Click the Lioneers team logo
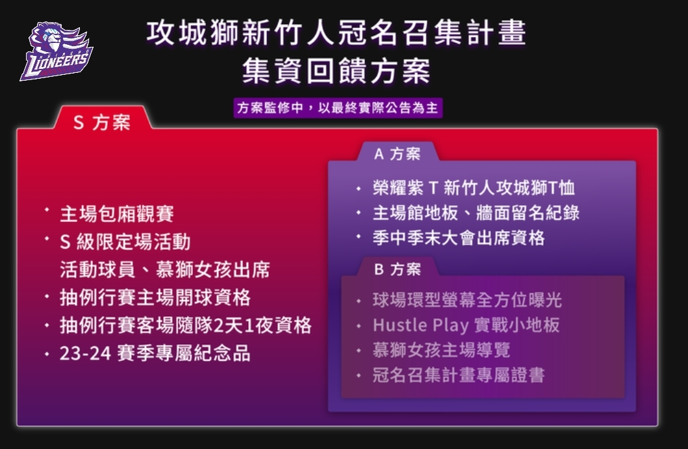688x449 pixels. (x=56, y=52)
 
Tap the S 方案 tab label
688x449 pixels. (x=102, y=122)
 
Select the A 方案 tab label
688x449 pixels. (x=397, y=154)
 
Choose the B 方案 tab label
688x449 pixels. (x=397, y=269)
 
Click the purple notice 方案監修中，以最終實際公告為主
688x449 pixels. (x=338, y=107)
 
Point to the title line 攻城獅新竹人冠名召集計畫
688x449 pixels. (x=337, y=33)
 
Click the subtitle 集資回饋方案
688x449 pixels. (x=337, y=71)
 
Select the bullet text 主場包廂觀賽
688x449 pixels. (x=117, y=214)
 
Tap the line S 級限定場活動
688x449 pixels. (x=125, y=241)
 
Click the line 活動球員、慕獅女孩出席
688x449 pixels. (x=164, y=269)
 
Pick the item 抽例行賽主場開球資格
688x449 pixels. (x=155, y=297)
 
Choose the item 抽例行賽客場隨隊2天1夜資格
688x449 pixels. (x=186, y=325)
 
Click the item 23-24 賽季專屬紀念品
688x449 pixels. (x=155, y=353)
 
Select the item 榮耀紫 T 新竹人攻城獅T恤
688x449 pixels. (x=474, y=188)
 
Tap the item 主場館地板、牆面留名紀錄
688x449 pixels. (x=476, y=213)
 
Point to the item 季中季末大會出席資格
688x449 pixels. (x=459, y=238)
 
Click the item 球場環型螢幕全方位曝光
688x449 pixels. (x=467, y=300)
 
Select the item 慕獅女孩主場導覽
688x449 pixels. (x=441, y=350)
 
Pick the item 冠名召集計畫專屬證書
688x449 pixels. (x=459, y=375)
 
